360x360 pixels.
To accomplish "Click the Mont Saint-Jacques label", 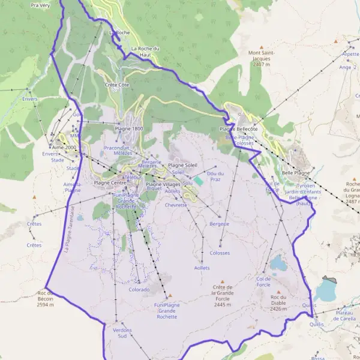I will coord(262,58).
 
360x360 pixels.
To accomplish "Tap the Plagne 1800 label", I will coord(129,128).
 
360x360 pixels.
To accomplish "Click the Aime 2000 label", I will coord(65,147).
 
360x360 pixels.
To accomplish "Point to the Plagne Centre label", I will coord(109,182).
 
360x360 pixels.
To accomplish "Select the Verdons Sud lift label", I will coord(122,333).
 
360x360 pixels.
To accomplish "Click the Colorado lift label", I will coord(139,289).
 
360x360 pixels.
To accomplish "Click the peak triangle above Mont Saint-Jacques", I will coord(262,46).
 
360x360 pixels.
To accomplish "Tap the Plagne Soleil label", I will coord(182,164).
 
